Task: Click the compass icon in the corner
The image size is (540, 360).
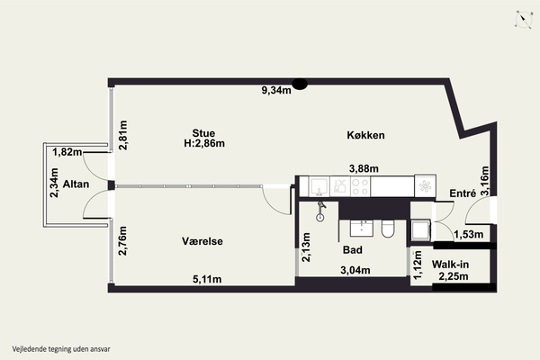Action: point(524,19)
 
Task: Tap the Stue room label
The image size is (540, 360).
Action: point(203,133)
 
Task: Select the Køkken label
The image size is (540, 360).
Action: point(365,135)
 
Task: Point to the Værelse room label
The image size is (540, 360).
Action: point(202,241)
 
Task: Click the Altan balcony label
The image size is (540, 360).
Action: point(76,184)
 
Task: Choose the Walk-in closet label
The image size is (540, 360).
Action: point(451,265)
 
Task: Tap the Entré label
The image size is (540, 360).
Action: point(463,193)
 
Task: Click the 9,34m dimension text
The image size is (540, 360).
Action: point(276,90)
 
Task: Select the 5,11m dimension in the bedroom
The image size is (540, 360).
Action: point(207,279)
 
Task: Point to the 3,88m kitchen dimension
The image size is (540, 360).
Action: point(364,168)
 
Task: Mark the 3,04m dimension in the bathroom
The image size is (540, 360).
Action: point(355,270)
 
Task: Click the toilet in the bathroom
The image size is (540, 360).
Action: point(388,229)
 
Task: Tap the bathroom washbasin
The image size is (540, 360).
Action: point(362,229)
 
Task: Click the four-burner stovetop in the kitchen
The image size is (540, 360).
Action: point(360,186)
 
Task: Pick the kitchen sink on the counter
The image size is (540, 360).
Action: point(319,186)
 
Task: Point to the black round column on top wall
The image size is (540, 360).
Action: point(300,84)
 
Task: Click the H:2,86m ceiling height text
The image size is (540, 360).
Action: point(204,143)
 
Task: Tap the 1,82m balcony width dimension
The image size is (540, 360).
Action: point(67,151)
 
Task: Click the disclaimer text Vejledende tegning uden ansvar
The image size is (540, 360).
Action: point(61,349)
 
